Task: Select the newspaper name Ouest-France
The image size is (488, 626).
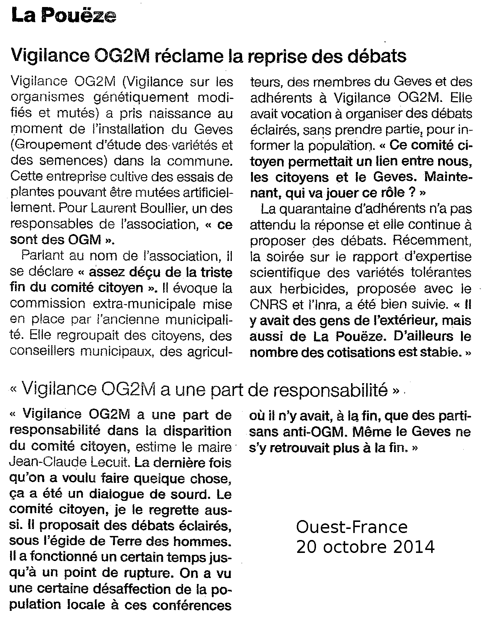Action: [351, 527]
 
